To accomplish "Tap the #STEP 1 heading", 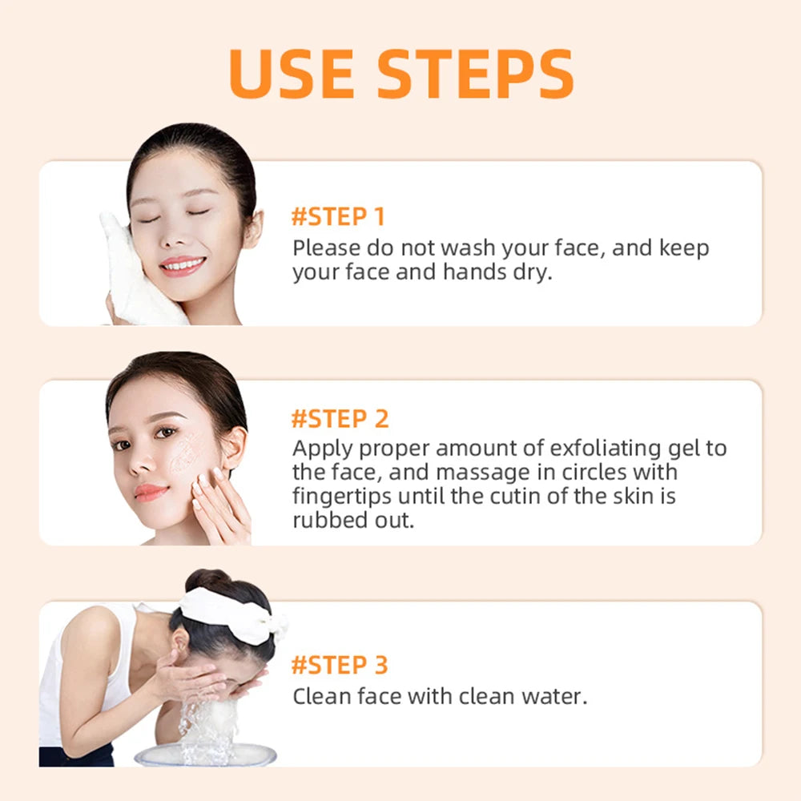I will [338, 216].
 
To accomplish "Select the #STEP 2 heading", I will [340, 418].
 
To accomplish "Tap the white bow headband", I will [232, 613].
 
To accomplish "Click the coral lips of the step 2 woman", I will [151, 492].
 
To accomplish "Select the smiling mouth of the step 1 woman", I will [182, 264].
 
